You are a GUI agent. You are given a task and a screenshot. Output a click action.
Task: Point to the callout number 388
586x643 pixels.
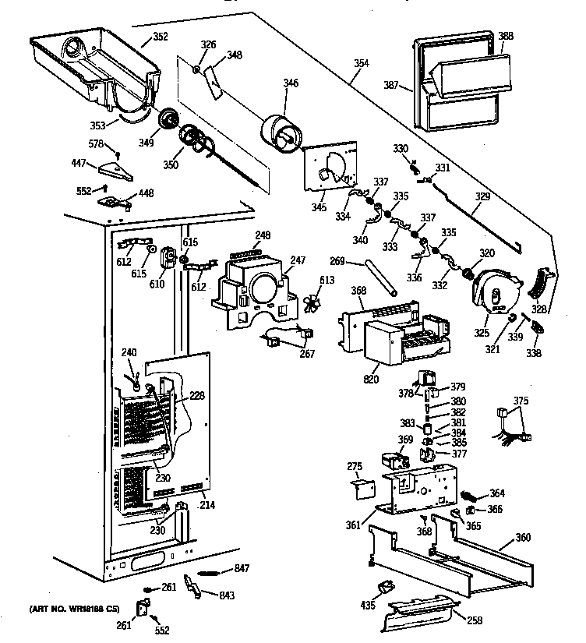pos(506,36)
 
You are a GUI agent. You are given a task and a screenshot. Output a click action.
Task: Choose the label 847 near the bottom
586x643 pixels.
pos(242,568)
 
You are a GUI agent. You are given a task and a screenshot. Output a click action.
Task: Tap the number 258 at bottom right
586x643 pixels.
pos(474,620)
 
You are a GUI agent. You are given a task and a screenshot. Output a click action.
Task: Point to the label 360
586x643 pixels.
pos(523,539)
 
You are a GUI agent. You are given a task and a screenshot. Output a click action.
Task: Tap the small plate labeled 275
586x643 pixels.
pos(361,489)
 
